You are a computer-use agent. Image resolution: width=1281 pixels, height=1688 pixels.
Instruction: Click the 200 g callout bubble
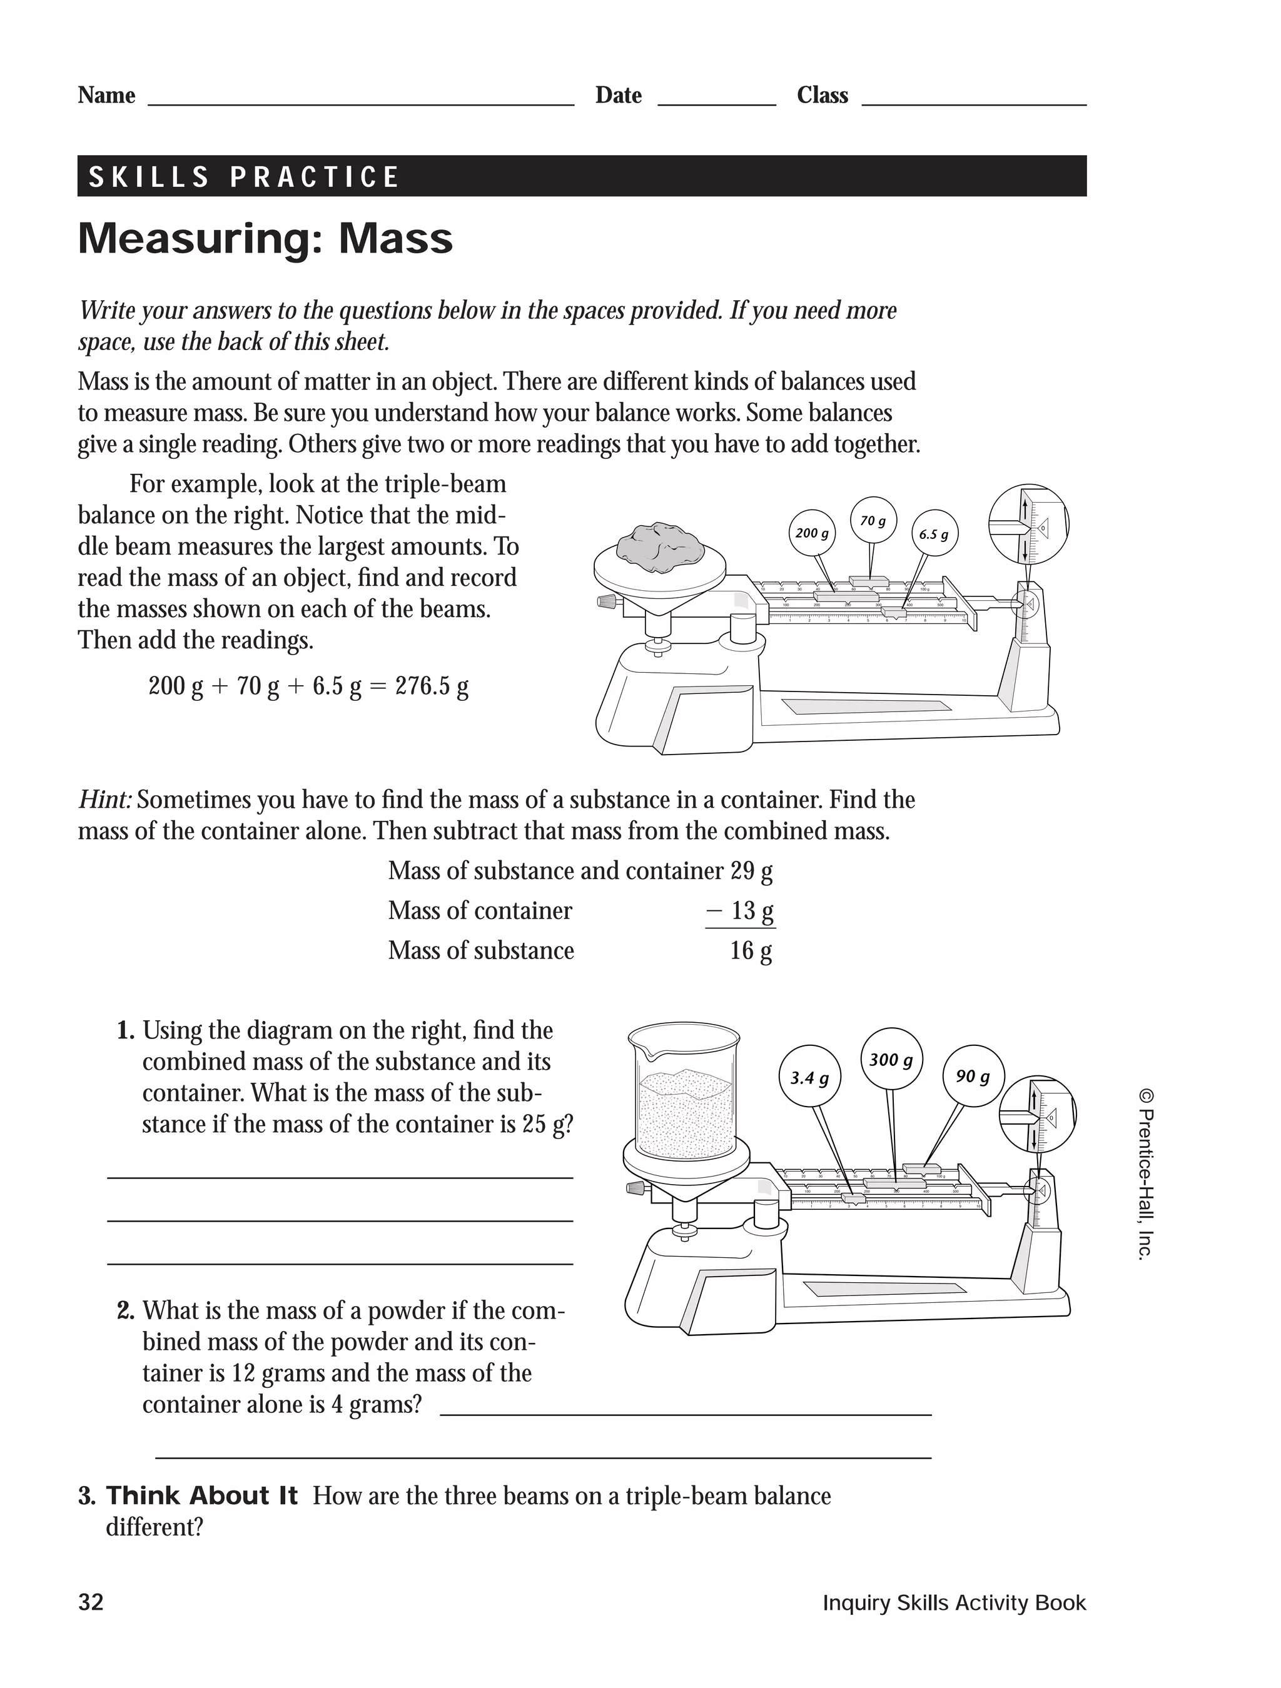coord(811,533)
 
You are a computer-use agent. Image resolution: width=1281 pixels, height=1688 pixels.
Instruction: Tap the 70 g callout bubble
coord(873,520)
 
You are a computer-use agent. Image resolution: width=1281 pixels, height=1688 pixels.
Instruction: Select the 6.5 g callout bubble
coord(934,534)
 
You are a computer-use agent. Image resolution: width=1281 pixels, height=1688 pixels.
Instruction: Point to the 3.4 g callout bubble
coord(809,1078)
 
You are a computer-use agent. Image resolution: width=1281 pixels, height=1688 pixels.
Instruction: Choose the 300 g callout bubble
coord(891,1059)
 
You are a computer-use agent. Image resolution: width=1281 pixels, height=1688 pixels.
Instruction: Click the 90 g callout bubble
coord(973,1077)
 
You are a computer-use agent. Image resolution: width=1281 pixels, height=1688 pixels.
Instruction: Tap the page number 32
coord(91,1602)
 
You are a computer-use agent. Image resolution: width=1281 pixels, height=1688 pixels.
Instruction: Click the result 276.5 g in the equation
coord(432,686)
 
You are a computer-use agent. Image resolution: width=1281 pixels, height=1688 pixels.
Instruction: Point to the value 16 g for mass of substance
coord(751,951)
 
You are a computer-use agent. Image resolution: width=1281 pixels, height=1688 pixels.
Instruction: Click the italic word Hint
coord(104,800)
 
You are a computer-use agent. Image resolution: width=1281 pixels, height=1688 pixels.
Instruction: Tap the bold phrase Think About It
coord(201,1495)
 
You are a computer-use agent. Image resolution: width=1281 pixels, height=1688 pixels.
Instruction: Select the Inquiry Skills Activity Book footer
coord(953,1602)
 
